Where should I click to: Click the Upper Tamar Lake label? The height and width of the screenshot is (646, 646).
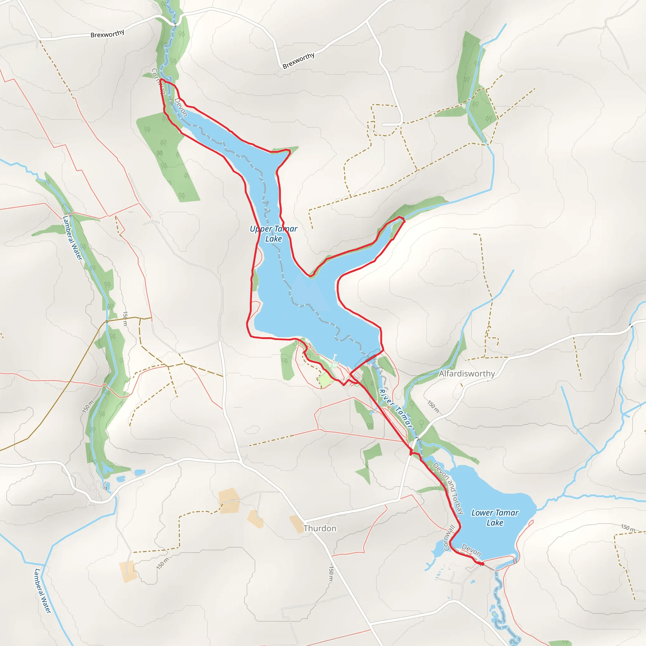pyautogui.click(x=273, y=233)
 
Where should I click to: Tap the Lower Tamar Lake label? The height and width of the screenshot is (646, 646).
pyautogui.click(x=495, y=517)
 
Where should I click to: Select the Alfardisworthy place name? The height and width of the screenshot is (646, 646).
pyautogui.click(x=467, y=373)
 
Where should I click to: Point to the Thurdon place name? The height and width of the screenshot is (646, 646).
pyautogui.click(x=320, y=528)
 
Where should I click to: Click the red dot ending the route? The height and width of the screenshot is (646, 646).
pyautogui.click(x=483, y=564)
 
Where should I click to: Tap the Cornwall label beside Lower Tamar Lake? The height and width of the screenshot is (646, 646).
pyautogui.click(x=449, y=538)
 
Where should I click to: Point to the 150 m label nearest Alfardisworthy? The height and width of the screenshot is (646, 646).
pyautogui.click(x=433, y=407)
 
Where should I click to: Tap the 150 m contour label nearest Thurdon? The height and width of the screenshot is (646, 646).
pyautogui.click(x=331, y=573)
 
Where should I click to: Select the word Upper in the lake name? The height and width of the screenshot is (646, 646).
pyautogui.click(x=261, y=229)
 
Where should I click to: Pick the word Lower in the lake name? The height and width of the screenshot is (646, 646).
pyautogui.click(x=482, y=513)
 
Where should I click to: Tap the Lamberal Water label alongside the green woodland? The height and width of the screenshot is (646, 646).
pyautogui.click(x=72, y=238)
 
